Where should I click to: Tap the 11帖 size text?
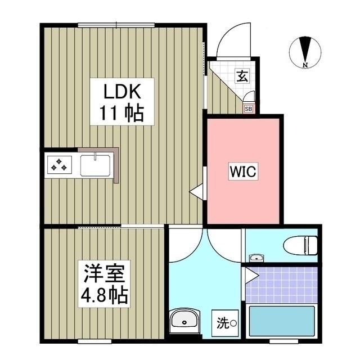click(119, 114)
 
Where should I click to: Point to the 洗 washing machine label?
click(223, 323)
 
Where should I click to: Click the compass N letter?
click(305, 65)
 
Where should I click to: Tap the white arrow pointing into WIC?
click(196, 192)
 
